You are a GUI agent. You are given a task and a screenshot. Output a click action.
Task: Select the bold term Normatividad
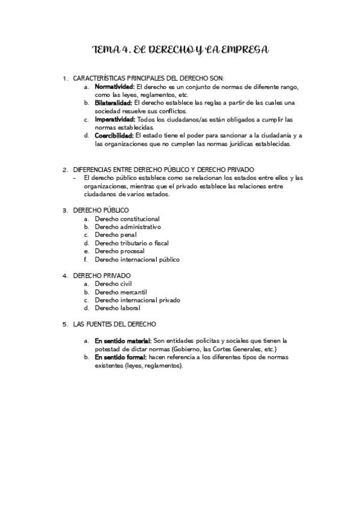(x=114, y=87)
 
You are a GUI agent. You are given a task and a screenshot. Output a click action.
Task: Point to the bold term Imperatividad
(x=115, y=119)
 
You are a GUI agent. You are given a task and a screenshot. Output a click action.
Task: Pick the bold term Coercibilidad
(x=114, y=135)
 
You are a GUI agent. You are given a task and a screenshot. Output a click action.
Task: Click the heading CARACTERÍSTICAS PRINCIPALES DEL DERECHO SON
(x=148, y=78)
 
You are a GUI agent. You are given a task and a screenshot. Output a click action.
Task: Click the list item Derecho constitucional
(x=127, y=219)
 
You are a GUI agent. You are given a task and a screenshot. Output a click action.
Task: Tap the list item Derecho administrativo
(x=128, y=227)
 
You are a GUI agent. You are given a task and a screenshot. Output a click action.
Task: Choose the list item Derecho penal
(x=112, y=235)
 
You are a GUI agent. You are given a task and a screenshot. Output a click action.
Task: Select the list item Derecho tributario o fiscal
(x=132, y=243)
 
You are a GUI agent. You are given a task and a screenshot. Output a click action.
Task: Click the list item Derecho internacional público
(x=137, y=259)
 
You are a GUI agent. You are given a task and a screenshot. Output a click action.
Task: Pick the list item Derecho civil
(x=113, y=283)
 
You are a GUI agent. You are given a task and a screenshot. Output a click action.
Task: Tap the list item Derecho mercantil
(x=121, y=292)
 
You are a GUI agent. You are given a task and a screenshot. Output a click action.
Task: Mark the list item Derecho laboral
(x=117, y=308)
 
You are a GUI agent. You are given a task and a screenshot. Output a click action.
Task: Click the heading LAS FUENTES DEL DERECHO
(x=114, y=324)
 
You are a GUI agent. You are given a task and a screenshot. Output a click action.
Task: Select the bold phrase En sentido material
(x=123, y=340)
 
